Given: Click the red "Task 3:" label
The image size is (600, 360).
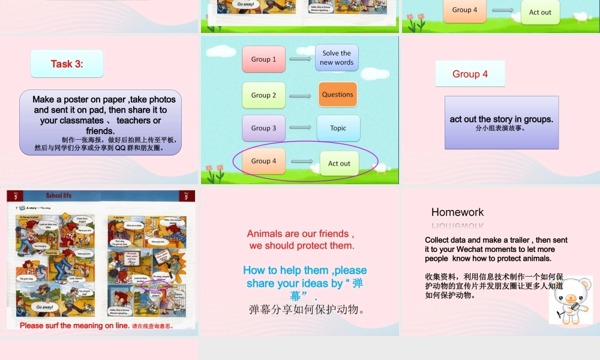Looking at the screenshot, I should click(67, 64).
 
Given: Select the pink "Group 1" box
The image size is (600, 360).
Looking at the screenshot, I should click(263, 59).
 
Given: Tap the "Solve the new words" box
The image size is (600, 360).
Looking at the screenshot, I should click(337, 58).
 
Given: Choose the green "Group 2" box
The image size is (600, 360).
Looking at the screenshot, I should click(263, 95).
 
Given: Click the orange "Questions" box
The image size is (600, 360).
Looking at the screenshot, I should click(337, 95).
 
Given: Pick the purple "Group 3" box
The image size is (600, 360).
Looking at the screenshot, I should click(263, 128).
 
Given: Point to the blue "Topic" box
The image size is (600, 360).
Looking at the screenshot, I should click(338, 128).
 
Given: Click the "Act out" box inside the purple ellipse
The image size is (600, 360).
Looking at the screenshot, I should click(339, 163).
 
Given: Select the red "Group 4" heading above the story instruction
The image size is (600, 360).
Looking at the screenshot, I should click(470, 74).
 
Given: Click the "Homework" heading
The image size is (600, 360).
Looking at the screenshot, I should click(457, 212).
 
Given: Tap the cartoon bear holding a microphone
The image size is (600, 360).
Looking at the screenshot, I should click(569, 298).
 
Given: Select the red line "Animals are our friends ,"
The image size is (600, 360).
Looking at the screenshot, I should click(300, 234).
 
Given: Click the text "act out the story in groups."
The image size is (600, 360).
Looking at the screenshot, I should click(501, 119).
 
